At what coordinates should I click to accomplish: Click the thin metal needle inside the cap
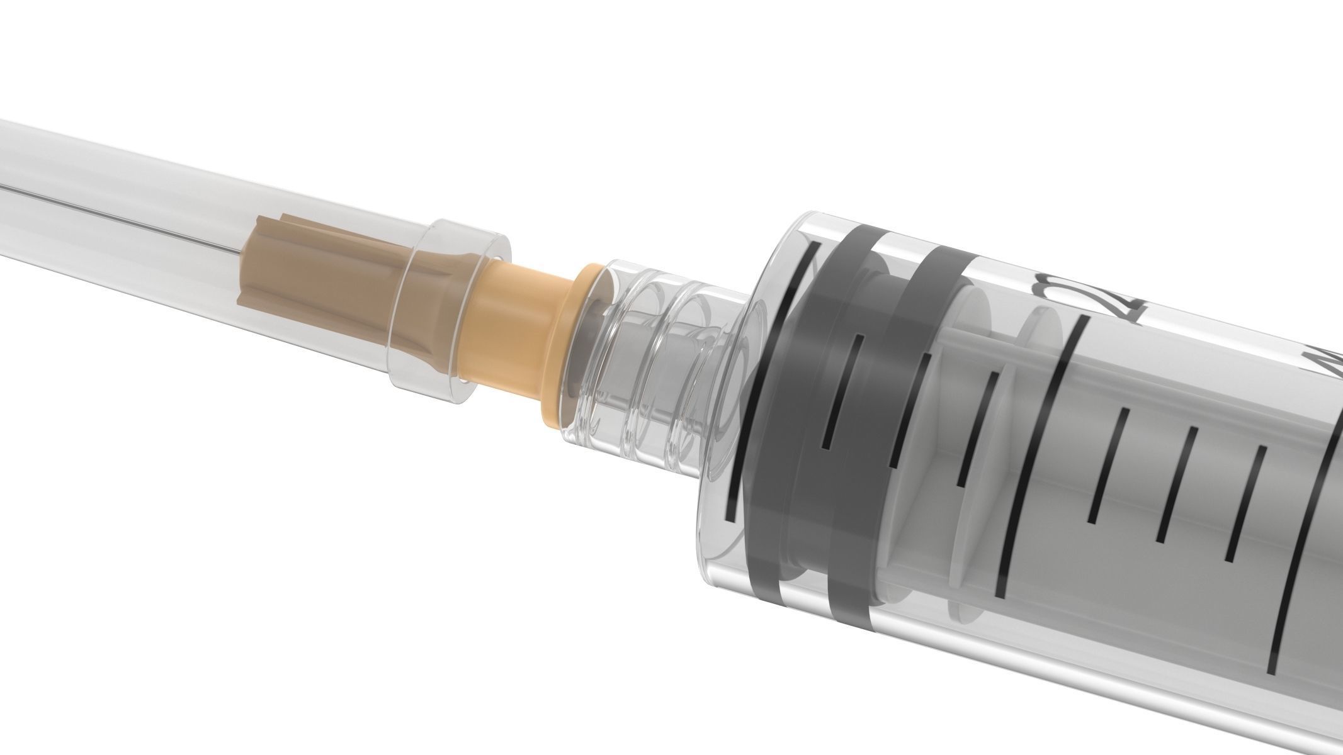click(126, 221)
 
